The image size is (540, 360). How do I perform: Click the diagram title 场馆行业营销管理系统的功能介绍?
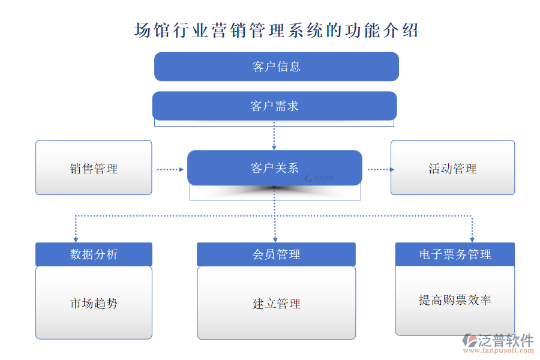tap(276, 30)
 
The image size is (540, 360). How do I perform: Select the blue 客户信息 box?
tap(277, 67)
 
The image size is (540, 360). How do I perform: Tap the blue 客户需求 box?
tap(274, 106)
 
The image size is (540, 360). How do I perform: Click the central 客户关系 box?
tap(274, 168)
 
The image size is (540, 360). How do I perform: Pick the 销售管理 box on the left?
tap(94, 168)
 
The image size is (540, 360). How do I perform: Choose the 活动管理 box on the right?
tap(452, 168)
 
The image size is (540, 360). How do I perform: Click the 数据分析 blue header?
tap(94, 254)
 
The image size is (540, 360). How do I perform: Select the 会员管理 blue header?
tap(276, 254)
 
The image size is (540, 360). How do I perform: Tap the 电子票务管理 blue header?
tap(455, 254)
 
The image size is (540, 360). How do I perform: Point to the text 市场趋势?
tap(94, 304)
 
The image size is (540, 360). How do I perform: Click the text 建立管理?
tap(276, 304)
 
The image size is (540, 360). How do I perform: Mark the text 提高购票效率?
tap(455, 299)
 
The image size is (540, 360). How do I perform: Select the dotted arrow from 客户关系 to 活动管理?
tap(380, 169)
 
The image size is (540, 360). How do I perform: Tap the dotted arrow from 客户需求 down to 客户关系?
tap(274, 136)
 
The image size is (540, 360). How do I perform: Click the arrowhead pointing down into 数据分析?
tap(76, 239)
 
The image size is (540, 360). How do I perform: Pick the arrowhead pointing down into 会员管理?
tap(275, 239)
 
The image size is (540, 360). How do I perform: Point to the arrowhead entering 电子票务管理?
tap(472, 239)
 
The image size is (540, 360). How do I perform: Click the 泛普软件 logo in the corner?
tap(497, 340)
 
